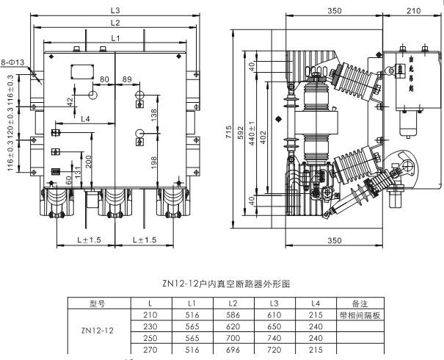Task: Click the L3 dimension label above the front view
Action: (115, 10)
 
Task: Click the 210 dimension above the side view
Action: (412, 11)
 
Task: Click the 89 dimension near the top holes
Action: (127, 79)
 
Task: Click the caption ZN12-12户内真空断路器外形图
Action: (221, 282)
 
